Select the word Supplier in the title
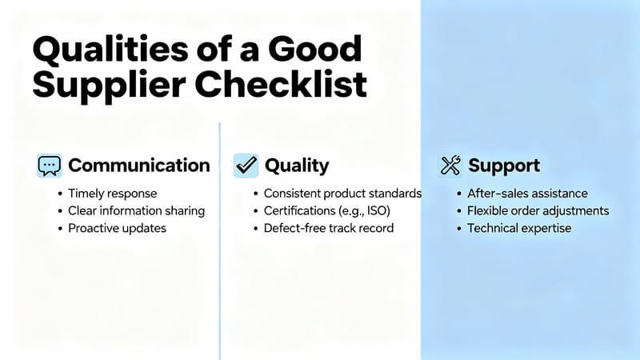101,86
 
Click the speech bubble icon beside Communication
50,166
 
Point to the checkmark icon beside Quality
246,166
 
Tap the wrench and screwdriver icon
451,166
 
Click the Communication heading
139,166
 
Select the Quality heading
297,166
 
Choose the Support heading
504,166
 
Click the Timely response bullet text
113,194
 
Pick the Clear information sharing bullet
137,211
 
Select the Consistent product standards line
342,194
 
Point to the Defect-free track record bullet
328,228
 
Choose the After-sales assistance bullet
528,194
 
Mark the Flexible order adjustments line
538,211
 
